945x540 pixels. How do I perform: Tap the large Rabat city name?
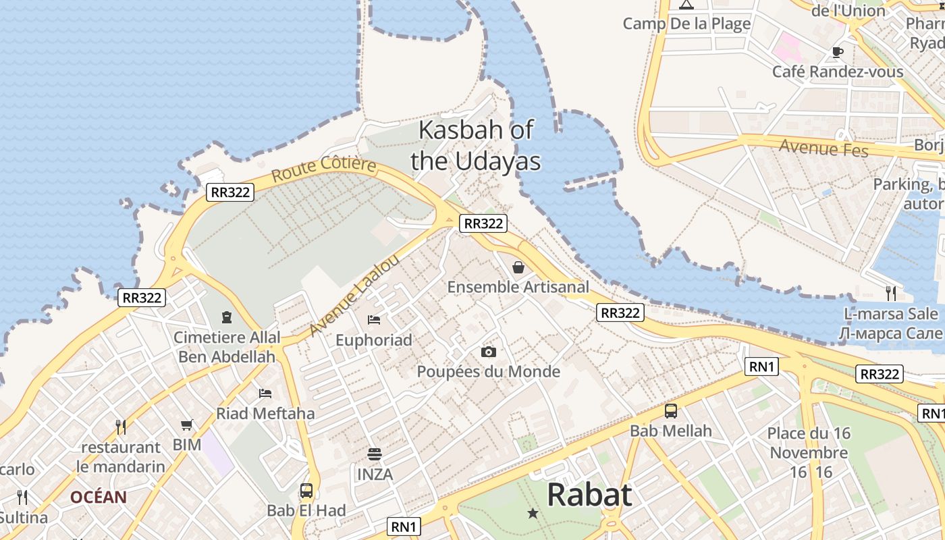[x=589, y=495]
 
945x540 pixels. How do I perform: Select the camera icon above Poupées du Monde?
[x=489, y=352]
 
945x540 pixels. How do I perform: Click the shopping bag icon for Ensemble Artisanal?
[x=518, y=267]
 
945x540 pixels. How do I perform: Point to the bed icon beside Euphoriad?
[x=374, y=319]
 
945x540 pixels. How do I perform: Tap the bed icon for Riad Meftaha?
[x=265, y=393]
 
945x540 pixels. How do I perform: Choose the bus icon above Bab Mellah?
[x=671, y=410]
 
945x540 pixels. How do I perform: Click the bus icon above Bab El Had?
[x=306, y=490]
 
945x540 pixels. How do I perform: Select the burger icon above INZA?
[x=375, y=454]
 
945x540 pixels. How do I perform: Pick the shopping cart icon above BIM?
[x=187, y=425]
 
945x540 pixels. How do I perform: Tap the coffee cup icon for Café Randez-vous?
[x=838, y=51]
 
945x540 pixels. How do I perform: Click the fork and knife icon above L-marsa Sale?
[x=891, y=293]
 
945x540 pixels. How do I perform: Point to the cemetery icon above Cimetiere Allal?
[x=226, y=317]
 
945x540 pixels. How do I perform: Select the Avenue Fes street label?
[x=823, y=147]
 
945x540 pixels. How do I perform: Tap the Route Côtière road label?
[x=323, y=169]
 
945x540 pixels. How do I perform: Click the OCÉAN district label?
[x=99, y=497]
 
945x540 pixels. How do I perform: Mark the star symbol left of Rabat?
[x=533, y=514]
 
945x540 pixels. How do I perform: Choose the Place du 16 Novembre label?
[x=809, y=443]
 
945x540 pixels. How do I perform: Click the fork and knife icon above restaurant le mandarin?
[x=121, y=427]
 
